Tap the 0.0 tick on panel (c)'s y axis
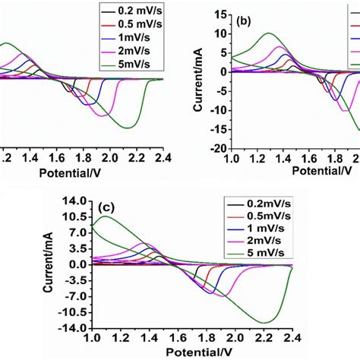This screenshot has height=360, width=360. pos(76,264)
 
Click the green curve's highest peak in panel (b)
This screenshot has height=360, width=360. pos(269,33)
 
